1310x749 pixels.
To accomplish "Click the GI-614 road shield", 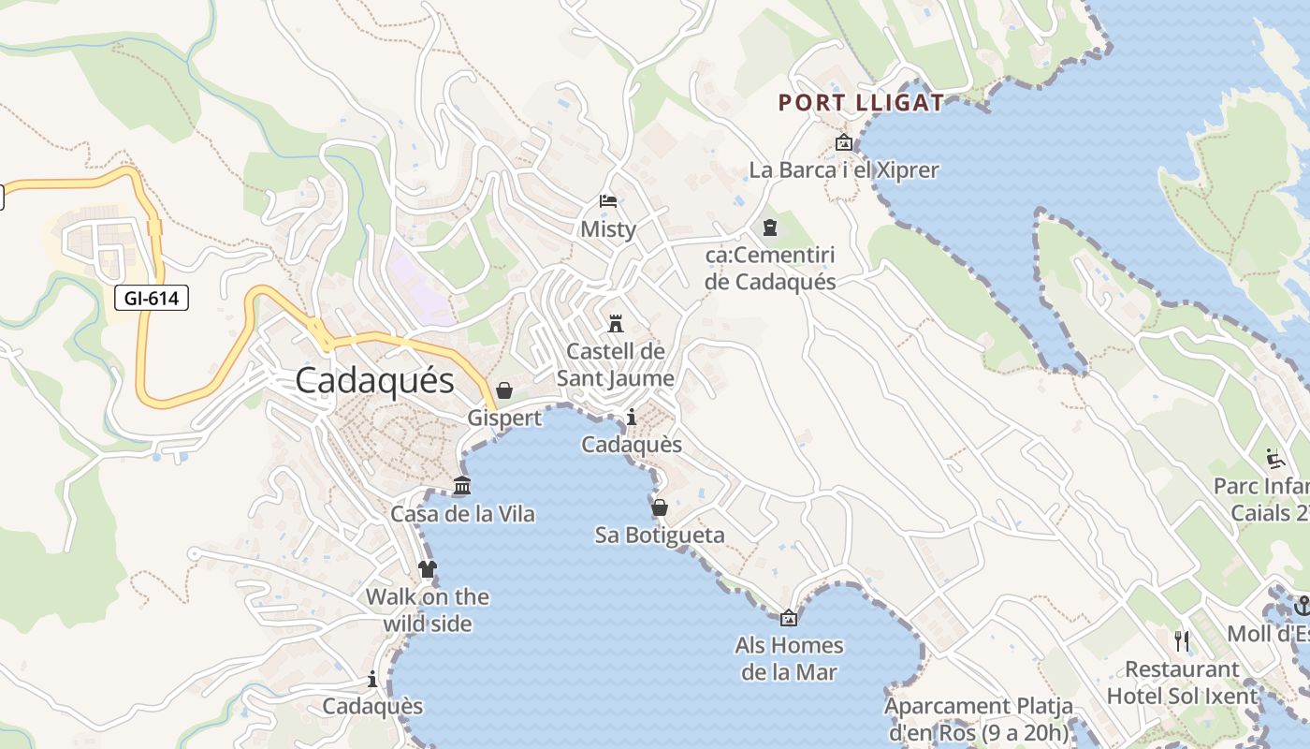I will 152,299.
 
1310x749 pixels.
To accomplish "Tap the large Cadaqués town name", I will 374,380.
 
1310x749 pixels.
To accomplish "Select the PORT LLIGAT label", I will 861,103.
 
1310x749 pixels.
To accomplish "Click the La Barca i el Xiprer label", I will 843,170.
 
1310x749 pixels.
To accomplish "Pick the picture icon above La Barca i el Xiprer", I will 843,143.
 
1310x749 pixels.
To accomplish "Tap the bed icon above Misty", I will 608,201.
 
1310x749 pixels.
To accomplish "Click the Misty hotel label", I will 608,229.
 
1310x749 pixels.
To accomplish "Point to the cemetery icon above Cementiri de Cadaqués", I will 770,228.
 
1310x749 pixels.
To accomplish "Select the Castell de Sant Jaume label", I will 616,365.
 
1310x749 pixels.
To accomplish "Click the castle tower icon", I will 616,324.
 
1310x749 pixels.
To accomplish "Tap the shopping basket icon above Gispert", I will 504,390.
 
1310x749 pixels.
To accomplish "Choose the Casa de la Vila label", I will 462,514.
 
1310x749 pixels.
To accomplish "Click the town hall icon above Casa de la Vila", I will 462,486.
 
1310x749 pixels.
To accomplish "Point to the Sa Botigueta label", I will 660,536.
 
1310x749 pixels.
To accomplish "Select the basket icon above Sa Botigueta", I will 660,507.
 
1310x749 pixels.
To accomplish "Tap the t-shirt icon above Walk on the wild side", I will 428,568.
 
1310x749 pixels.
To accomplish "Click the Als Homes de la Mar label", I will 789,658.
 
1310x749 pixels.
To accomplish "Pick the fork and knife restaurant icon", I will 1182,641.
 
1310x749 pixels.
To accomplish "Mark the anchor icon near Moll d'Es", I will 1302,606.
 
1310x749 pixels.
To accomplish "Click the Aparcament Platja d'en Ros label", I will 978,719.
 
